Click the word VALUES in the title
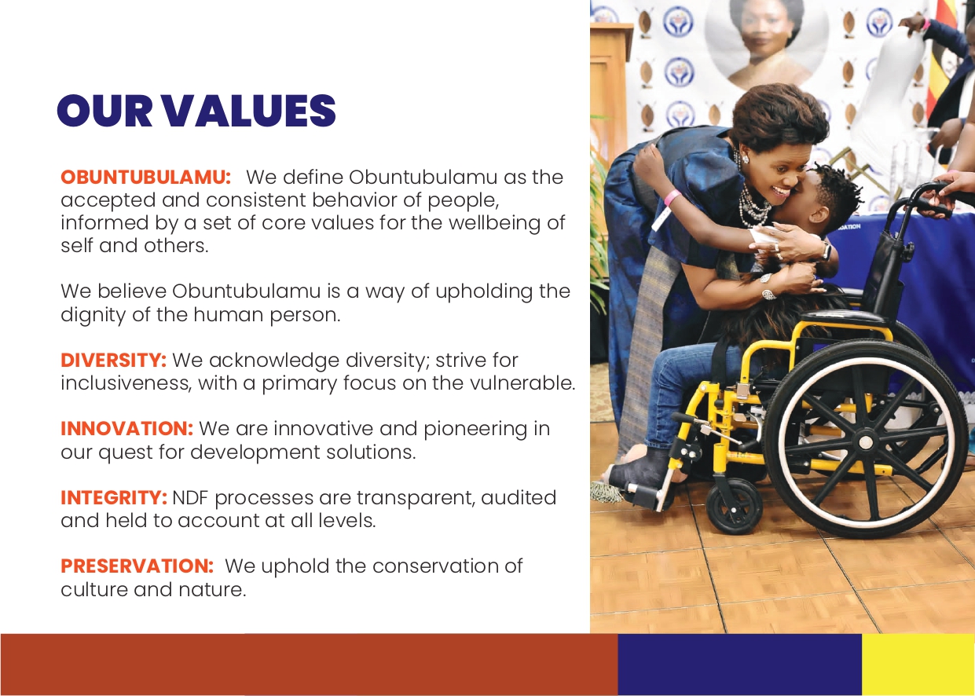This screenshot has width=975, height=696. click(x=251, y=111)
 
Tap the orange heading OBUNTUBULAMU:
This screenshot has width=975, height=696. click(x=146, y=178)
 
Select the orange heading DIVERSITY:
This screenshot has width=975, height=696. click(x=114, y=361)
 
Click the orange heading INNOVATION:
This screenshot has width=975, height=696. click(x=126, y=429)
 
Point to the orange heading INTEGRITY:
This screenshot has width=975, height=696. click(x=114, y=498)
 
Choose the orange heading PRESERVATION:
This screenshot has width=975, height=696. click(x=137, y=566)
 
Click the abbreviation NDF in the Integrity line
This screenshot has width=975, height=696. click(x=191, y=498)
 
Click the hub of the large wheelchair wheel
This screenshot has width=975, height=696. click(x=866, y=443)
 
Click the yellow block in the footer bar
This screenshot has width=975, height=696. click(x=918, y=665)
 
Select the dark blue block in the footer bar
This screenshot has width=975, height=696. click(x=739, y=665)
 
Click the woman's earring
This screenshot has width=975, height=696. click(x=744, y=159)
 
